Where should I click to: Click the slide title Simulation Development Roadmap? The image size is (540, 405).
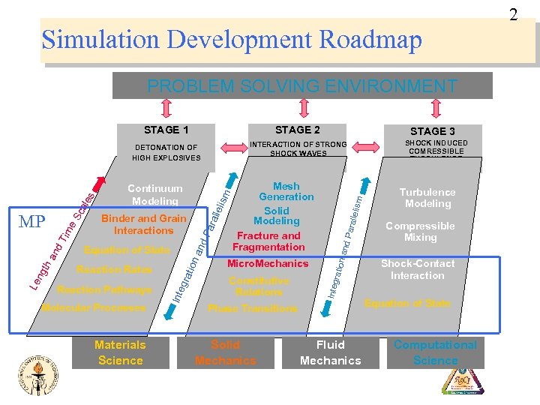point(232,40)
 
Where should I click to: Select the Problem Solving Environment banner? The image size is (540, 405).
point(302,85)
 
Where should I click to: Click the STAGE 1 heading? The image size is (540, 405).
point(166,130)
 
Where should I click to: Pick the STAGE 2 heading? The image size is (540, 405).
point(298,130)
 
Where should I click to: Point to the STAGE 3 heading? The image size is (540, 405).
point(433,131)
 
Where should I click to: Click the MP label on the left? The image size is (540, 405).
point(33,222)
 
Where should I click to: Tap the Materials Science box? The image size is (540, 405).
point(120,352)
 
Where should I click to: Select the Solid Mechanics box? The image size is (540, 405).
point(225,352)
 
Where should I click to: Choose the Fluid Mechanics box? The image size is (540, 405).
point(330,352)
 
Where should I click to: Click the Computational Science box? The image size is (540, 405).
point(435,352)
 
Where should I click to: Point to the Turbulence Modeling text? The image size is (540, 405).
point(427,198)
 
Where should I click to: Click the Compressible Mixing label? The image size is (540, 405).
point(420,231)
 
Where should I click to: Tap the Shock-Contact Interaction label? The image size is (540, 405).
point(417,269)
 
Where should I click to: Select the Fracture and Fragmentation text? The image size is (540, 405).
point(268,241)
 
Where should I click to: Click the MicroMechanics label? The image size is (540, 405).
point(268,263)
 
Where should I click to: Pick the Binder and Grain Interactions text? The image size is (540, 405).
point(143,224)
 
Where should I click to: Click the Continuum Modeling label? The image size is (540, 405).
point(155,195)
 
